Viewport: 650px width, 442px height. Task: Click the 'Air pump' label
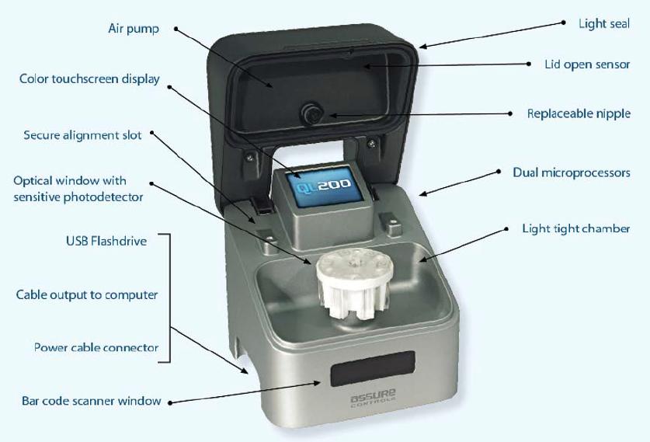click(134, 29)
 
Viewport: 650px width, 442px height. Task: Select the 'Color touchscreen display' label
click(89, 79)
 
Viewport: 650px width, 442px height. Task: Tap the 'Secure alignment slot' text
click(82, 135)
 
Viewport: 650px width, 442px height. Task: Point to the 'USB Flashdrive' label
click(106, 241)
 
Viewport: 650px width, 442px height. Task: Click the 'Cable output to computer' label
click(87, 295)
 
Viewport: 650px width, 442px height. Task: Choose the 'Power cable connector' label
click(96, 347)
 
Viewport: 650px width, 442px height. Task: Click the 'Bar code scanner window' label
click(91, 401)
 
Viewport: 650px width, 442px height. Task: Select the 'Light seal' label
click(604, 23)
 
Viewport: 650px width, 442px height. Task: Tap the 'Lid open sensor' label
click(587, 64)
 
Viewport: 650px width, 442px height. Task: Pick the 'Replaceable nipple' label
click(579, 113)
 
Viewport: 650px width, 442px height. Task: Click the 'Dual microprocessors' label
click(572, 172)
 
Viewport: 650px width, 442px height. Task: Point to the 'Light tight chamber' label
click(576, 228)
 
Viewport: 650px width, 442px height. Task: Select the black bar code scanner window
click(372, 367)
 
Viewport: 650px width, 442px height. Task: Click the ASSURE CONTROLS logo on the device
click(373, 398)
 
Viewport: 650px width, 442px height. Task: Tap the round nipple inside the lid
click(311, 113)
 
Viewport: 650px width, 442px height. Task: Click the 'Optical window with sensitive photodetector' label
click(78, 189)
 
